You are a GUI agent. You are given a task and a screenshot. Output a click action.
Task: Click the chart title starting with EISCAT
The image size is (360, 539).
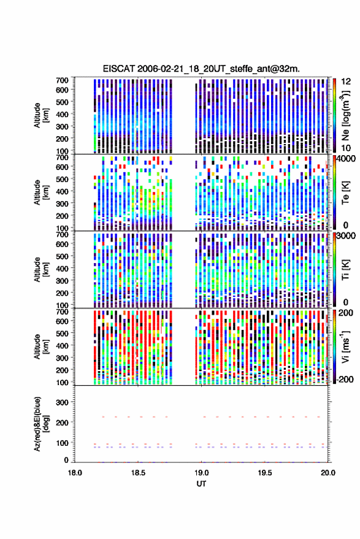pyautogui.click(x=201, y=69)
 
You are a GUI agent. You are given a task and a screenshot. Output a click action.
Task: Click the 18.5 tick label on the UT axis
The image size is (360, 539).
pyautogui.click(x=138, y=473)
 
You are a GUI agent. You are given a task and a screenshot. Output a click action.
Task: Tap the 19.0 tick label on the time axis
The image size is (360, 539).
pyautogui.click(x=202, y=473)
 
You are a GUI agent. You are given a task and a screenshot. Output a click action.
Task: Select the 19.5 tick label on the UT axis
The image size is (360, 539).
pyautogui.click(x=265, y=473)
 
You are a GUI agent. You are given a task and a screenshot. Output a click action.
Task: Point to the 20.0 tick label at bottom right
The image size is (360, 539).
pyautogui.click(x=328, y=473)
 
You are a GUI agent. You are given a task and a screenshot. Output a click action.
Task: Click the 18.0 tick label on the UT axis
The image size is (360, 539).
pyautogui.click(x=75, y=473)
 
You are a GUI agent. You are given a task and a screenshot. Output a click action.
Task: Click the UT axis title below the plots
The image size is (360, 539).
pyautogui.click(x=201, y=484)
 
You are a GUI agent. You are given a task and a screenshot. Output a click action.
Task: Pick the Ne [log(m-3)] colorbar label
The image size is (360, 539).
pyautogui.click(x=345, y=115)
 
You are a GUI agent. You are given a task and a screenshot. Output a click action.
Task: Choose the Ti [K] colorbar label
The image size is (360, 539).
pyautogui.click(x=345, y=270)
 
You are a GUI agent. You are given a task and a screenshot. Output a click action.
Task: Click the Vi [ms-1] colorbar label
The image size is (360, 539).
pyautogui.click(x=345, y=346)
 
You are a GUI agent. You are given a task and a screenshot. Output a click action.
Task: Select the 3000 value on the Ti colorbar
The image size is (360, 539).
pyautogui.click(x=347, y=236)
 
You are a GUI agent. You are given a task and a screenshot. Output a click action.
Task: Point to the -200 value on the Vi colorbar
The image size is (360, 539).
pyautogui.click(x=345, y=380)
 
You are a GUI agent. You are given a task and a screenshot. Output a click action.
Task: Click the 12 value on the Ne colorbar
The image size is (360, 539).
pyautogui.click(x=346, y=82)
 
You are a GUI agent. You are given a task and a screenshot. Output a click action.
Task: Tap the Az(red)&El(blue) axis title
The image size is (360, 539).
pyautogui.click(x=41, y=424)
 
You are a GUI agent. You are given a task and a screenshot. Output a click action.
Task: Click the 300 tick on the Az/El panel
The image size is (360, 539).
pyautogui.click(x=62, y=402)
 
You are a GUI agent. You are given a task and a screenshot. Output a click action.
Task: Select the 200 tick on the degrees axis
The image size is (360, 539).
pyautogui.click(x=62, y=423)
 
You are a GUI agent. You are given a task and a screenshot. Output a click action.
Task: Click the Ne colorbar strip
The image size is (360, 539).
pyautogui.click(x=334, y=115)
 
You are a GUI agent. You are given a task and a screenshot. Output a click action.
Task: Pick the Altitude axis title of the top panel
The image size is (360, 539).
pyautogui.click(x=41, y=115)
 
